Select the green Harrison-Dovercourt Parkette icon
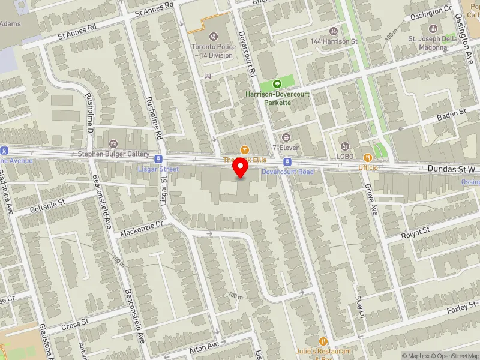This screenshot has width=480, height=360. tap(277, 85)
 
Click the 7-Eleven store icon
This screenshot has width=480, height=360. tap(286, 137)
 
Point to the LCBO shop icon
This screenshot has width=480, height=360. tap(344, 146)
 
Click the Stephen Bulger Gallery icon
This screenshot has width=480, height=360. tap(113, 144)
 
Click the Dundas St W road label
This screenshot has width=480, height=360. tap(451, 170)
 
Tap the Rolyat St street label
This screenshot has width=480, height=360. tap(416, 230)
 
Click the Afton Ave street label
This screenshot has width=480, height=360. tap(205, 347)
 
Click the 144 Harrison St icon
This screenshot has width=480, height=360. tap(333, 31)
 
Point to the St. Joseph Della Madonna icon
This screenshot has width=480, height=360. tap(433, 28)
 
